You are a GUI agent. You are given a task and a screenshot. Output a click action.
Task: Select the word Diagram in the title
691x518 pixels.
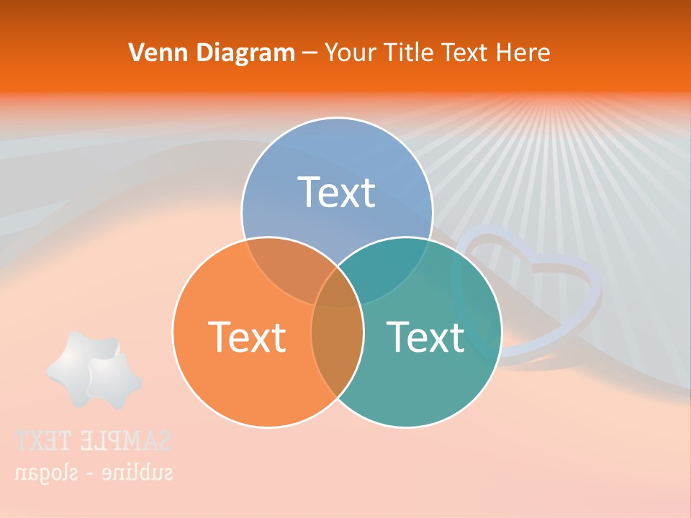(244, 53)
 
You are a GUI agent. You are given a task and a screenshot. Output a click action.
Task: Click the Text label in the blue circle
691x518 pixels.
(337, 192)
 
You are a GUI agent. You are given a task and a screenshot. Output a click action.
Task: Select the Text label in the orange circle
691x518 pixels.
(247, 336)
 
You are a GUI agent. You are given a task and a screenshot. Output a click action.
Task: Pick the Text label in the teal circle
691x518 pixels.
(425, 336)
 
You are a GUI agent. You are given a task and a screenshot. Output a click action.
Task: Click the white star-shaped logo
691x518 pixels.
(94, 370)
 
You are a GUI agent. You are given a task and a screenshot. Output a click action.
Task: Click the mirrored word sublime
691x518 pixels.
(137, 472)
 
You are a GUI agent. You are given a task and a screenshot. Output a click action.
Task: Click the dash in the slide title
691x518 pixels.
(310, 53)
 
